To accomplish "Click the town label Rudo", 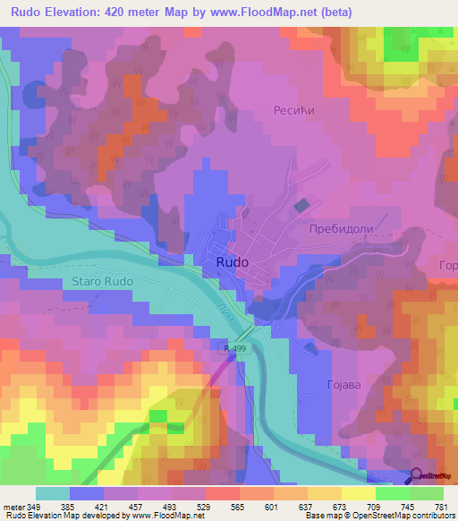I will click(232, 262).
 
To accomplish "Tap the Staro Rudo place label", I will click(100, 281).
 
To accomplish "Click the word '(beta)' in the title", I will click(337, 13).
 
